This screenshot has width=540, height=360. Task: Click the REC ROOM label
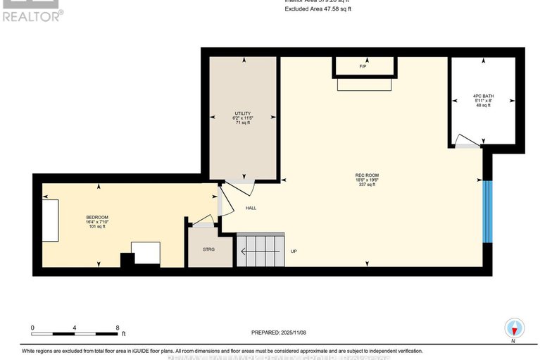point(367,175)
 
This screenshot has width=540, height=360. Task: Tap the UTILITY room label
point(241,113)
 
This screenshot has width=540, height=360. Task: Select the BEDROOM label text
point(96,217)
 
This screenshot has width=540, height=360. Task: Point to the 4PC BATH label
point(484,96)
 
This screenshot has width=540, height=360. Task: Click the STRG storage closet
point(208,249)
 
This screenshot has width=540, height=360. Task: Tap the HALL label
point(251,208)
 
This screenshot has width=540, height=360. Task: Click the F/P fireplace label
point(363,66)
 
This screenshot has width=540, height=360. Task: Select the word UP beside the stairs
point(294,250)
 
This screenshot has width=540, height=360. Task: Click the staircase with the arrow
point(260,249)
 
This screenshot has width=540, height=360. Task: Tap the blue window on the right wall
point(486,211)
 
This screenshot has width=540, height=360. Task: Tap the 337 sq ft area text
point(367,185)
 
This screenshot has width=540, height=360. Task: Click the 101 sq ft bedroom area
point(96,227)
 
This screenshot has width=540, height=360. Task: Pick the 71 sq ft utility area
point(241,123)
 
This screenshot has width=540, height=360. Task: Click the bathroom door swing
point(466,140)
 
